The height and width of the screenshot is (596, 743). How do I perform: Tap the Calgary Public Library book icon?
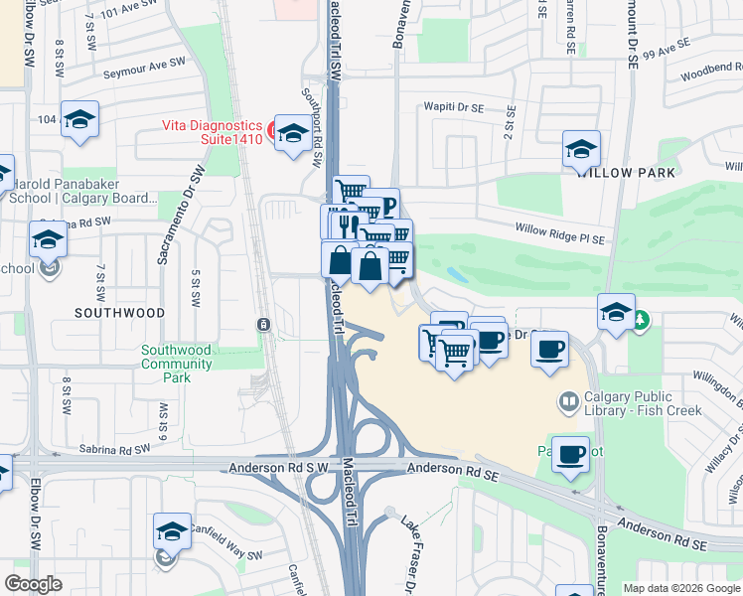tap(569, 401)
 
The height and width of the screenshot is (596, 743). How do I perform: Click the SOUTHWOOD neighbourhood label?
tap(119, 312)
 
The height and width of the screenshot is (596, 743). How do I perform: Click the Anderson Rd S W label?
tap(278, 468)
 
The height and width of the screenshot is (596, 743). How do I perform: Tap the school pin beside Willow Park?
tap(581, 150)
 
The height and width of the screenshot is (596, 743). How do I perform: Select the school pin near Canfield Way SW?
tap(172, 532)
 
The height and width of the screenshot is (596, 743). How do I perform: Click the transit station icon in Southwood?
tap(263, 324)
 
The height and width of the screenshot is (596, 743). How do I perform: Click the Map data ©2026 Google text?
tap(681, 588)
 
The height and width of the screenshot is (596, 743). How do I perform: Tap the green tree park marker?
tap(641, 319)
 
